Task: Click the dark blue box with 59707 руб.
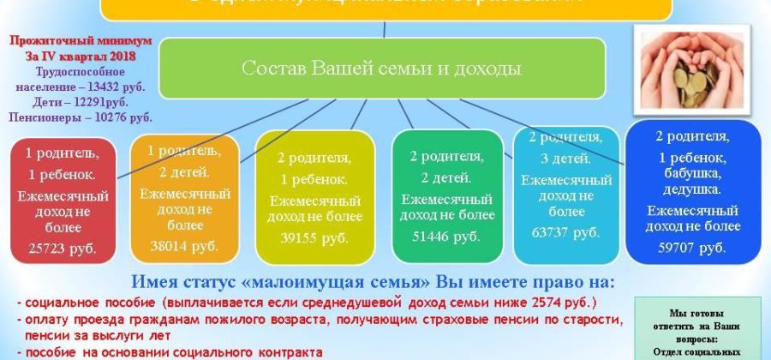pos(693,190)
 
